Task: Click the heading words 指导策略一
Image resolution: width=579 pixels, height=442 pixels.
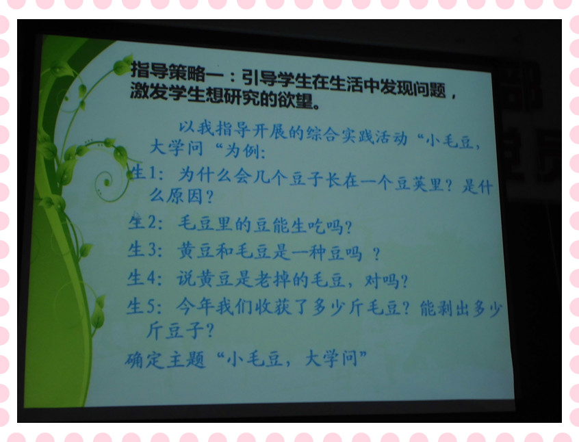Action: (177, 71)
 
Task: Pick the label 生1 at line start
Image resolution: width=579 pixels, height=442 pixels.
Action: (144, 172)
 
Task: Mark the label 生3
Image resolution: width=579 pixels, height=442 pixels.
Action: (143, 250)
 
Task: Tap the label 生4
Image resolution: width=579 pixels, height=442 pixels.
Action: (142, 278)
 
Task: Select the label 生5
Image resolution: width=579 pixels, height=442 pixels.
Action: (142, 306)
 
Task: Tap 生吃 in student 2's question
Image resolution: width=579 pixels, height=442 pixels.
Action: (307, 226)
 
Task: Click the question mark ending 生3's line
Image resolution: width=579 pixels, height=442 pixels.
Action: (376, 255)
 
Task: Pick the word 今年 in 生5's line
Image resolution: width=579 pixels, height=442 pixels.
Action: (194, 306)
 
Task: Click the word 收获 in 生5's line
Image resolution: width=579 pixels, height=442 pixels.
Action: (273, 307)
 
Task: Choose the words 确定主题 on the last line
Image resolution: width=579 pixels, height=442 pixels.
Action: (165, 360)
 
